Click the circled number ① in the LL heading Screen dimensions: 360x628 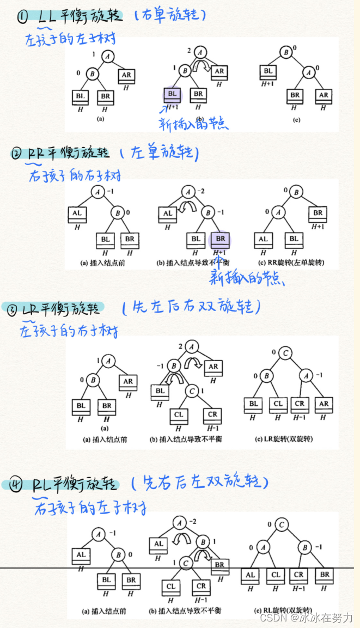tap(22, 18)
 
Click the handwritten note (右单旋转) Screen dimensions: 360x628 tap(170, 15)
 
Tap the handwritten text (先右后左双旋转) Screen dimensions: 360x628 tap(200, 482)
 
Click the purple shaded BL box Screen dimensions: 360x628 tap(173, 94)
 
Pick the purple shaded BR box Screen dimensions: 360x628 tap(219, 239)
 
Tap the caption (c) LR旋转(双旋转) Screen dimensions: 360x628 tap(289, 439)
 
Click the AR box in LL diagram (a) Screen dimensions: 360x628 tap(126, 74)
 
